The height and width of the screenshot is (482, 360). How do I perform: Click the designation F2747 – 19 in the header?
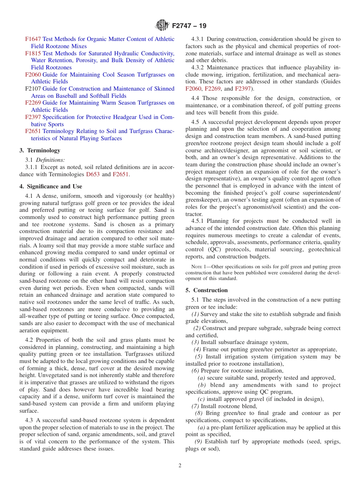pos(189,26)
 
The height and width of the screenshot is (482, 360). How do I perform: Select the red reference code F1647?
pos(33,39)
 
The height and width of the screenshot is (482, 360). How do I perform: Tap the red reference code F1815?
pos(33,53)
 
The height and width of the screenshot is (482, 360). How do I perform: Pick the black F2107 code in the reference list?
pos(33,89)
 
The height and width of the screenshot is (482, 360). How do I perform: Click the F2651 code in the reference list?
pos(33,131)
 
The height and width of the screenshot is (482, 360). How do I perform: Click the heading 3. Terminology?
pos(40,150)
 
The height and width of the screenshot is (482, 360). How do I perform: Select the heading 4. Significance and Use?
pos(51,186)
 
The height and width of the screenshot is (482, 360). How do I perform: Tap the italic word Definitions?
pos(50,160)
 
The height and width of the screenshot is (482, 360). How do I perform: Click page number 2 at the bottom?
pos(180,466)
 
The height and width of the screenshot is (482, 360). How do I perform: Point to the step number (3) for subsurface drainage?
pos(196,342)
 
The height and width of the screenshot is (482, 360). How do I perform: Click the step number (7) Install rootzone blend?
pos(196,406)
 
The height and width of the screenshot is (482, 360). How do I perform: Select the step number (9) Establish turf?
pos(199,441)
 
